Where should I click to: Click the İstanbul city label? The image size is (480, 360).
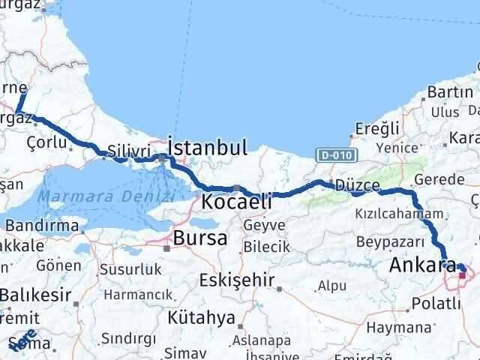208,147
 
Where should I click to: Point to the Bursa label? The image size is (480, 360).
199,238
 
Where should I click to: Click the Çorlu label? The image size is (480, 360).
43,141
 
